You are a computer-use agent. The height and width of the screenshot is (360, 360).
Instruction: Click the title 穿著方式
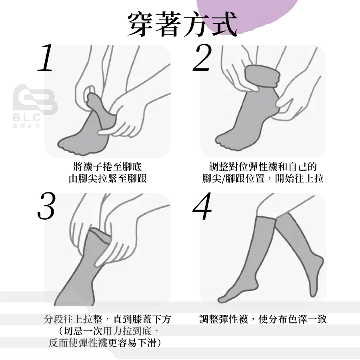coord(182,24)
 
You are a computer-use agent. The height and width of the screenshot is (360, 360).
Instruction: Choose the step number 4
coord(202,206)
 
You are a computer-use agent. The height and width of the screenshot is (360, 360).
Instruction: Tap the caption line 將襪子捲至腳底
coord(108,166)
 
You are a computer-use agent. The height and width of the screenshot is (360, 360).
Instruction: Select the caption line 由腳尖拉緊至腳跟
coord(108,178)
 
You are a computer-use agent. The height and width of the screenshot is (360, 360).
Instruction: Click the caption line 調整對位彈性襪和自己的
coord(263,166)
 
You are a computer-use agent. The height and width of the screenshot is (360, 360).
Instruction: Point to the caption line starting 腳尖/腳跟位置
coord(263,178)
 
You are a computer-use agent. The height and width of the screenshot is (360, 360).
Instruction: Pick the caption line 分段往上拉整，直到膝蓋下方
coord(108,319)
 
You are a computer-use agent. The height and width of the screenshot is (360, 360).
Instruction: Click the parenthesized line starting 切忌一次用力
coord(108,331)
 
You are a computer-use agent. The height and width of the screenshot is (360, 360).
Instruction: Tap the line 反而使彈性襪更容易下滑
coord(106,343)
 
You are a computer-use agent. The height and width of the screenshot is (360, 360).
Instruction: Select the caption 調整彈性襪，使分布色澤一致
coord(263,319)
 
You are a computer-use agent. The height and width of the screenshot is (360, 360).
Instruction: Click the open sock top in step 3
coord(100,235)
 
